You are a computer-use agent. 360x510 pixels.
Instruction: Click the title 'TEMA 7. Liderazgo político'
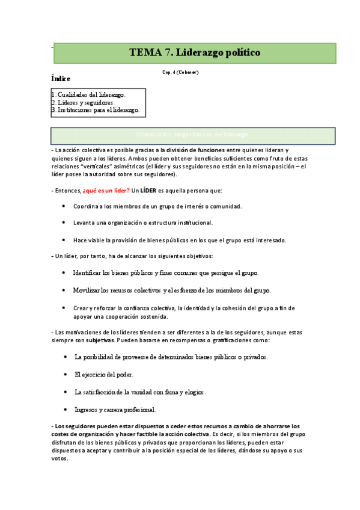tap(195, 53)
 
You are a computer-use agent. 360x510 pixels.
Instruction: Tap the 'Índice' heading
tap(61, 79)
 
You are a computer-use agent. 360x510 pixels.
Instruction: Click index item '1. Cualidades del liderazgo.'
tap(88, 95)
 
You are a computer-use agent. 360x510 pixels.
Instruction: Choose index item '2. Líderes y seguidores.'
tap(83, 103)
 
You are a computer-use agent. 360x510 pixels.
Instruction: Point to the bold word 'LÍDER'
tap(148, 191)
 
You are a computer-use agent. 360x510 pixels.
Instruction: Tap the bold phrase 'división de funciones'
tap(195, 150)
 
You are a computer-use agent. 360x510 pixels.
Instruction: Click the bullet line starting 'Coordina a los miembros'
tap(157, 206)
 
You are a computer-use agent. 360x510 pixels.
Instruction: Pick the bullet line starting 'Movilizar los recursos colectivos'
tap(172, 290)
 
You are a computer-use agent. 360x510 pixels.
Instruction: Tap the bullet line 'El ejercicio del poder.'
tap(104, 374)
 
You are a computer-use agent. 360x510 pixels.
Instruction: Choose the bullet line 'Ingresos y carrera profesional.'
tap(115, 410)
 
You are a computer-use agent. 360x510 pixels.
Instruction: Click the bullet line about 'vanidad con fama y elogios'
tap(140, 392)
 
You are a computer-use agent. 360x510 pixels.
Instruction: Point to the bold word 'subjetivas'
tap(99, 340)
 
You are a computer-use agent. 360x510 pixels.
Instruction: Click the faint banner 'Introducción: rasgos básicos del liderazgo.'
tap(193, 135)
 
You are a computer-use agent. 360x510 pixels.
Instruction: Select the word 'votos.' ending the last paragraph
tap(61, 457)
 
